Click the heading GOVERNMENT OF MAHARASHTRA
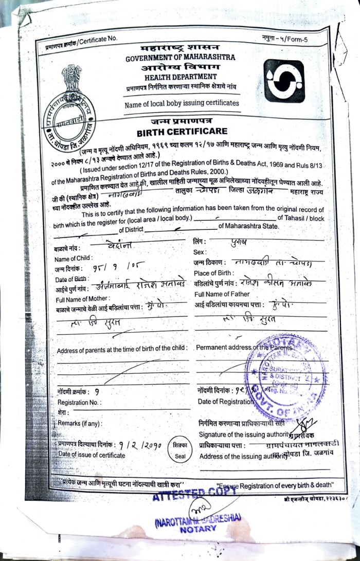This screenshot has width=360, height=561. point(180,58)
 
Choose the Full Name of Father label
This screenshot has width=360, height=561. point(222,294)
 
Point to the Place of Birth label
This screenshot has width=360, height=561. point(215,273)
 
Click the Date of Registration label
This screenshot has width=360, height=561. point(225,402)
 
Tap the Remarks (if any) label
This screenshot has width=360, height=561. point(80,423)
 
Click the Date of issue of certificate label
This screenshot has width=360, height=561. point(92,455)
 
